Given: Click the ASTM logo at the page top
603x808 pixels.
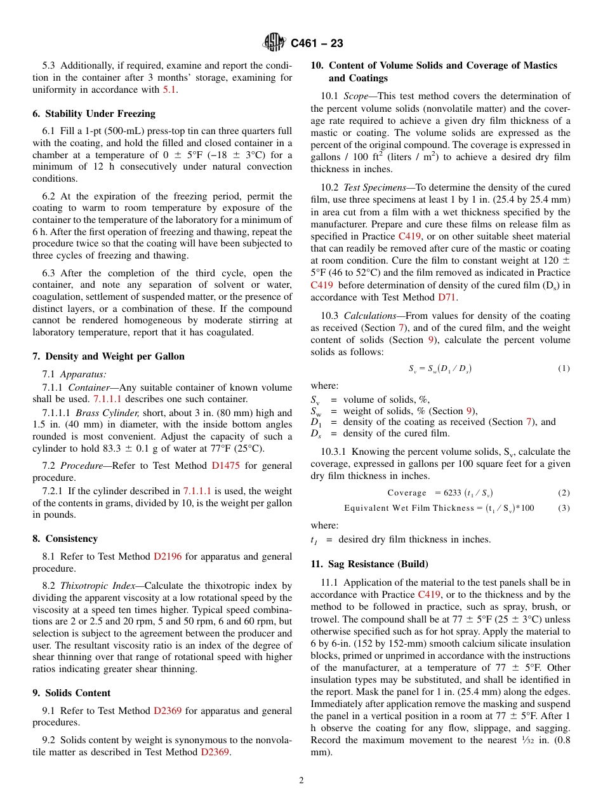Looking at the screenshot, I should click(274, 43).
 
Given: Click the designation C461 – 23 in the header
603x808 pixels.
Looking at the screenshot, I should click(317, 43).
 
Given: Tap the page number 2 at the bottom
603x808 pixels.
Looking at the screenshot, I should click(301, 780).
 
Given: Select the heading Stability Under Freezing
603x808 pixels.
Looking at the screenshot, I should click(94, 114).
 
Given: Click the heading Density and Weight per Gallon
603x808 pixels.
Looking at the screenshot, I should click(109, 356).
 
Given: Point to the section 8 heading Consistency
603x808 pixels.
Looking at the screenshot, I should click(65, 539).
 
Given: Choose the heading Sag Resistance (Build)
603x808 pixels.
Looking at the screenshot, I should click(369, 563).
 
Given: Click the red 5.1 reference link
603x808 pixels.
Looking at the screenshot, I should click(169, 90).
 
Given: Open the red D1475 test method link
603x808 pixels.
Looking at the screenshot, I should click(225, 466).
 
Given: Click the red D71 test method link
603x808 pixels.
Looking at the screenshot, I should click(447, 297).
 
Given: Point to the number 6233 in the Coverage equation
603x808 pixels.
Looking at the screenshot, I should click(453, 493).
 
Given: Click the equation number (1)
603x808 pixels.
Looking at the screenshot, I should click(564, 368).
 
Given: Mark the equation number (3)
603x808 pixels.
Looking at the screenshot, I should click(564, 508).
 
